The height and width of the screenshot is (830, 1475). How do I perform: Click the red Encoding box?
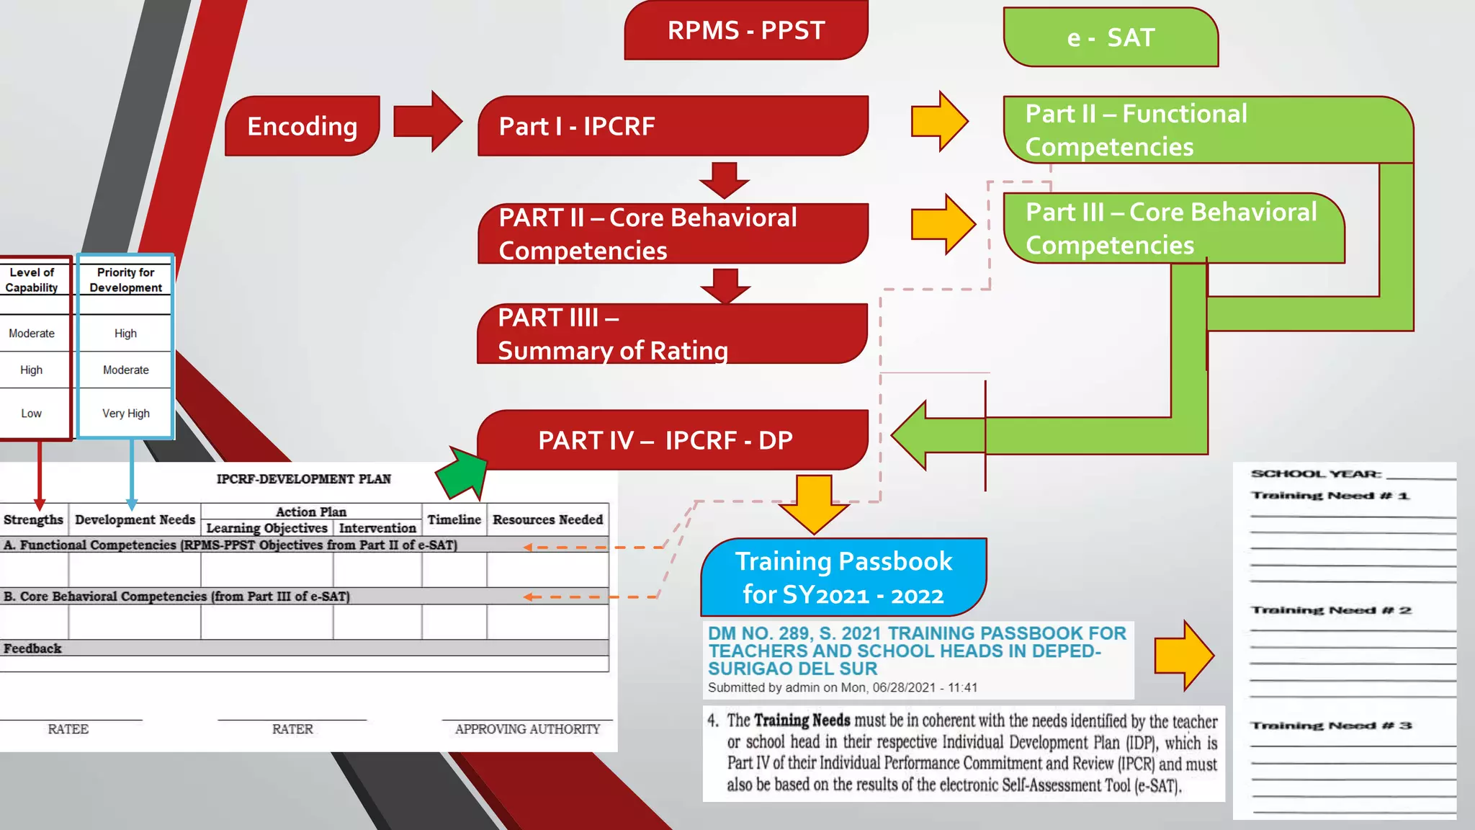coord(302,126)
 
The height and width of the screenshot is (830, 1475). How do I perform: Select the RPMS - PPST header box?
coord(746,30)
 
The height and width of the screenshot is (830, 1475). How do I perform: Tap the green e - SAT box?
coord(1111,37)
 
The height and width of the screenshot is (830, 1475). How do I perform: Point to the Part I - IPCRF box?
coord(673,126)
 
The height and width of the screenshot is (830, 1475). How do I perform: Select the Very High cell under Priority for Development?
coord(126,414)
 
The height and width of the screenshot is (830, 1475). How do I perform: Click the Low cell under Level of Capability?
coord(31,414)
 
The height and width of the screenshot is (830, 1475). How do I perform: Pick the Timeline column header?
coord(454,519)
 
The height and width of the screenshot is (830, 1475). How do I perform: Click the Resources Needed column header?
coord(547,519)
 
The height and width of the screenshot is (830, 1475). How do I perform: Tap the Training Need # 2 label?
coord(1331,610)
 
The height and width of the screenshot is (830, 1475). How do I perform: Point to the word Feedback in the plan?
coord(32,648)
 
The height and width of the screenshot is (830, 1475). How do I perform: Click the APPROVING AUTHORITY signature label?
coord(527,729)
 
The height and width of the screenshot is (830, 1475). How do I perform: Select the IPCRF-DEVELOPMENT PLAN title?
coord(303,479)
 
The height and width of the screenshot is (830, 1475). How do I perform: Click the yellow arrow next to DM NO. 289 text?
coord(1183,656)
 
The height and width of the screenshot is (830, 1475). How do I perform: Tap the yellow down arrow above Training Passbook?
coord(814,504)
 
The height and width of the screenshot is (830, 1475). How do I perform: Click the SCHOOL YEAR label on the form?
coord(1316,474)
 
